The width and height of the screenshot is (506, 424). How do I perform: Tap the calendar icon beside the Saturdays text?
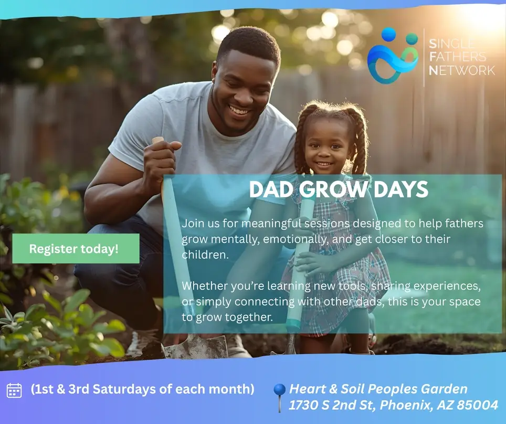coord(14,390)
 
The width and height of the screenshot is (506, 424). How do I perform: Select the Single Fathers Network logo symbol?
coord(392,56)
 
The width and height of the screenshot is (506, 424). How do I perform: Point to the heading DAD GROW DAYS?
coord(339,189)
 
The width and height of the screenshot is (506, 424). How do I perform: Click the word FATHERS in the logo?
coord(458,56)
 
